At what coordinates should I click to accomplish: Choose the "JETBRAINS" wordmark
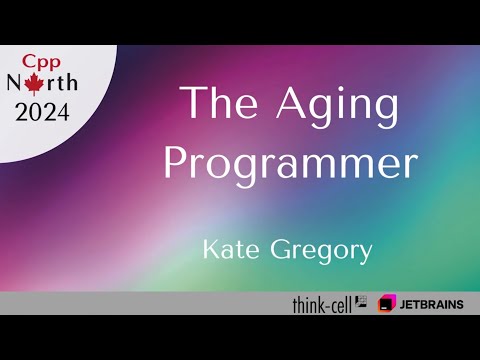[x=433, y=303]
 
